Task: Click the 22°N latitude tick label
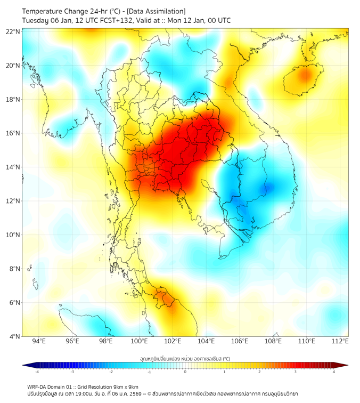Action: pos(13,31)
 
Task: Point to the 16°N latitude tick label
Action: pos(13,133)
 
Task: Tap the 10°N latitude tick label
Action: pos(13,235)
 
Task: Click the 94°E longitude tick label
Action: pos(38,341)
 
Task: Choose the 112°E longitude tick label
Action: pos(340,341)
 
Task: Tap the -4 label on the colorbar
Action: pos(37,372)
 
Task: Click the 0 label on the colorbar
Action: pos(185,372)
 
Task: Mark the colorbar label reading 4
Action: pos(334,372)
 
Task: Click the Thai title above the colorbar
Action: pos(185,358)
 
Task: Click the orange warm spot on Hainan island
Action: pos(304,75)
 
